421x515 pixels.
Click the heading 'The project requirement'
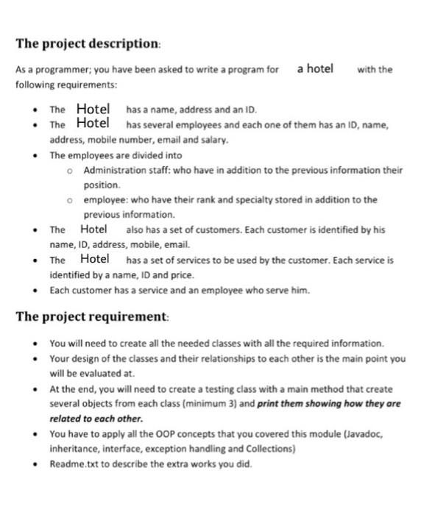click(x=92, y=317)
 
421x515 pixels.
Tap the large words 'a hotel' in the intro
click(x=315, y=69)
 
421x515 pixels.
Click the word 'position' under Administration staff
click(x=100, y=185)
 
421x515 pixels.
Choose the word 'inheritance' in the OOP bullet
click(x=72, y=449)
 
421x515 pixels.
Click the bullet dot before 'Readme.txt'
click(x=36, y=464)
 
